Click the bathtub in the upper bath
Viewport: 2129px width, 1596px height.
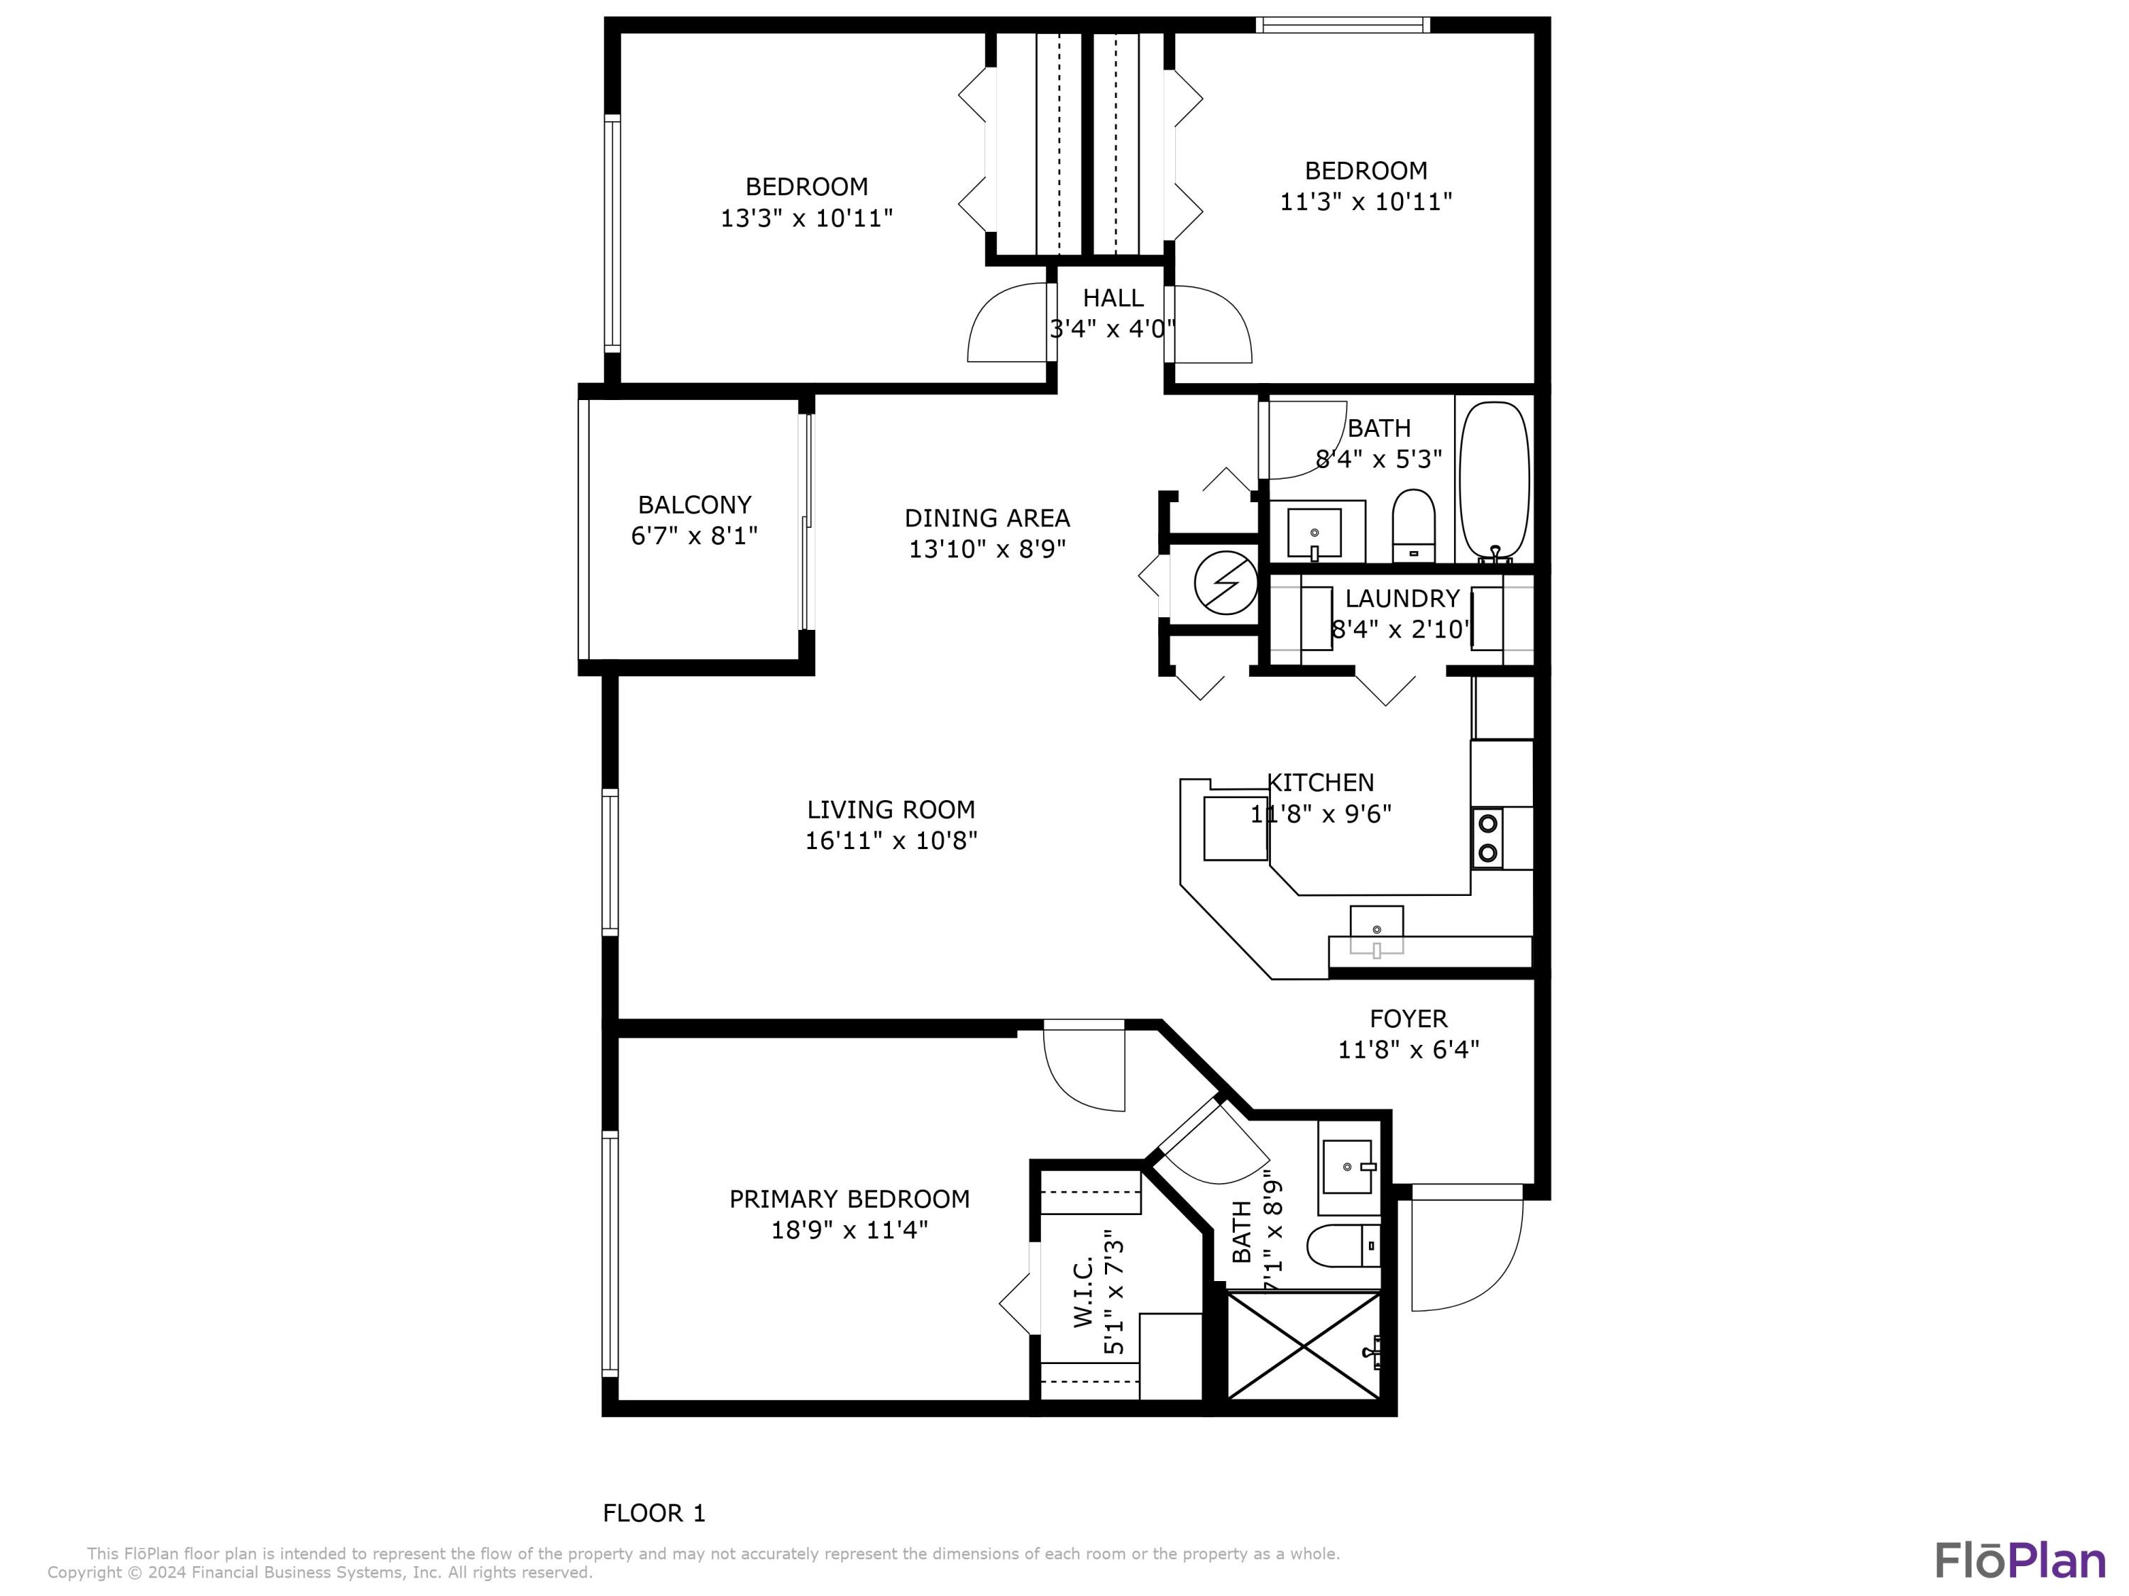[1494, 480]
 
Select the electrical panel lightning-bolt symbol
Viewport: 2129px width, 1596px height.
[1225, 582]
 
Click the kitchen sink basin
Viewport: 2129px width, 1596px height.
[1376, 929]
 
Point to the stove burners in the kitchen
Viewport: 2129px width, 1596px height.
[1488, 838]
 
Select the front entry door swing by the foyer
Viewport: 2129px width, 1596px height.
[1468, 1251]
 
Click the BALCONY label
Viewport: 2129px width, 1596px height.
[694, 505]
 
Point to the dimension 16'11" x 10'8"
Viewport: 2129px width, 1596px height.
[891, 841]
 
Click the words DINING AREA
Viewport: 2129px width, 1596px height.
[986, 519]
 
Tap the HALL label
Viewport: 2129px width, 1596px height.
[1113, 298]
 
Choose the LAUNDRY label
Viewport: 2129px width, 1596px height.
[1402, 599]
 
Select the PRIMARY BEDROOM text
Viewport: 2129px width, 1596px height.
[849, 1199]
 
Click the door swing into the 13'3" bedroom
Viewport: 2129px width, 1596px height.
[1006, 327]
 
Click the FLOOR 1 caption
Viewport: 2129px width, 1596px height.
[654, 1513]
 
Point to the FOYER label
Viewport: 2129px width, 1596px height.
[1407, 1018]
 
